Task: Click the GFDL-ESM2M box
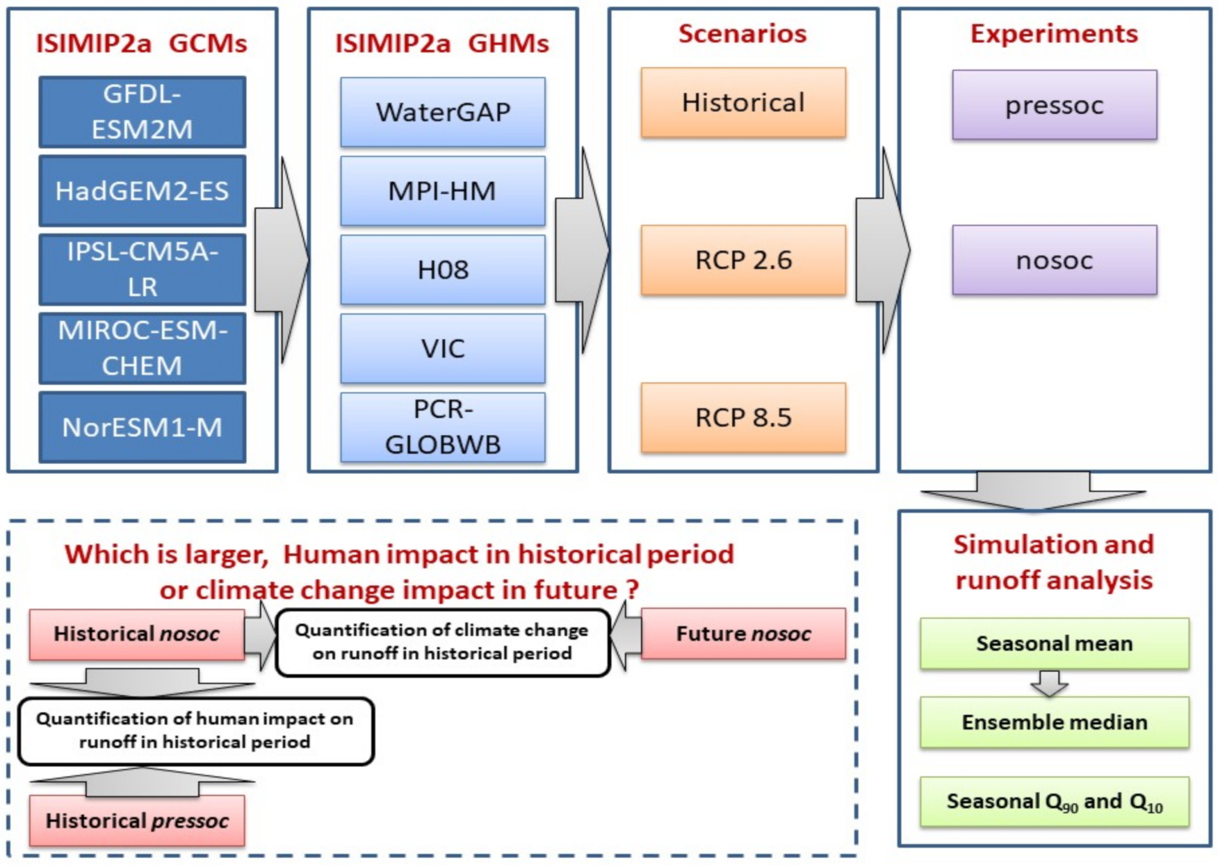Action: click(142, 112)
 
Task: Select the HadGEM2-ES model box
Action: click(142, 190)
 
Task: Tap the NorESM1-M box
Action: click(142, 427)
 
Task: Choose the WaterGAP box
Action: click(443, 112)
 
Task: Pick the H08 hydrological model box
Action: click(443, 270)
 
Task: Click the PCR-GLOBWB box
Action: click(443, 427)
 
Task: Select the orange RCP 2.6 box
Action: click(743, 260)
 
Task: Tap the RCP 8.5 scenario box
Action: click(743, 418)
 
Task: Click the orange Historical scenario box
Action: click(743, 103)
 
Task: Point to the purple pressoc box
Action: click(1054, 105)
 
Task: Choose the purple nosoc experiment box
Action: click(1054, 260)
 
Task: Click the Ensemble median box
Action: click(1054, 722)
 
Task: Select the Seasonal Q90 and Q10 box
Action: click(1054, 801)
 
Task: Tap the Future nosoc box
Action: click(743, 634)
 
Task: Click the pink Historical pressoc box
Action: click(137, 821)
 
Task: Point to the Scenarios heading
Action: click(743, 34)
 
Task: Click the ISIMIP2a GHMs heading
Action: click(442, 43)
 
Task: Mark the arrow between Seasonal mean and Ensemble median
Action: click(1050, 683)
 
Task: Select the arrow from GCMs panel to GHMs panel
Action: click(282, 260)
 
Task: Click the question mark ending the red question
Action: click(632, 590)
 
